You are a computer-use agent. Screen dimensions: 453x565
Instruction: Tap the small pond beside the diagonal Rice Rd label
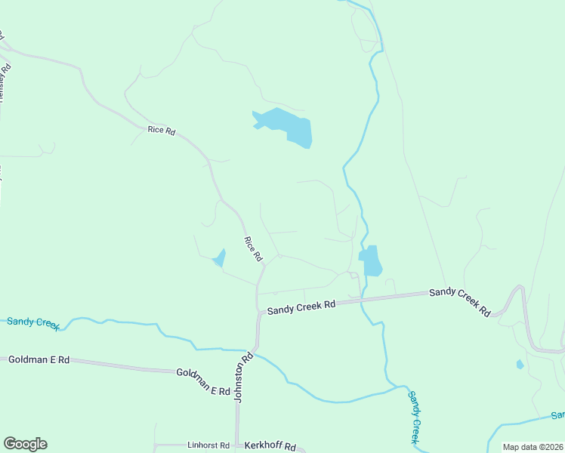point(220,258)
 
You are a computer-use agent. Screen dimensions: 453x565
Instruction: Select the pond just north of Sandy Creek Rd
point(371,260)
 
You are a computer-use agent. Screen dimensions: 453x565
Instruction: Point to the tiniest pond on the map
point(520,365)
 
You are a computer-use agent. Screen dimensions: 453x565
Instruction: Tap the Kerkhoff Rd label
point(269,446)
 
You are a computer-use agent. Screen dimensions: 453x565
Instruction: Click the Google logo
point(25,444)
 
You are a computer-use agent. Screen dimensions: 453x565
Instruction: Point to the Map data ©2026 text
point(533,447)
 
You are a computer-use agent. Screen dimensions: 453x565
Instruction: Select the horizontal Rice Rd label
point(162,131)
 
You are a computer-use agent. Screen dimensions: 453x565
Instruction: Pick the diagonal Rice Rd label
point(252,249)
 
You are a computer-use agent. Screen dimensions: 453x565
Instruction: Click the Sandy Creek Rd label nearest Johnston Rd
point(301,307)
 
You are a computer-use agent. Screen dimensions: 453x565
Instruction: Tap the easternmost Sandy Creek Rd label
point(459,300)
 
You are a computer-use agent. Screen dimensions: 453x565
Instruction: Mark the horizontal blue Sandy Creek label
point(33,322)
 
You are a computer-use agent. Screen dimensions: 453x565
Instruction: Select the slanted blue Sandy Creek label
point(414,416)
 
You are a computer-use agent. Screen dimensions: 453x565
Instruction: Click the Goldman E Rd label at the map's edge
point(39,360)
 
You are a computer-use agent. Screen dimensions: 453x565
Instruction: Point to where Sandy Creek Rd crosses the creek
point(363,300)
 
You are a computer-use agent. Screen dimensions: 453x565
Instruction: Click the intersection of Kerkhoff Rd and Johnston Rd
point(237,445)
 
